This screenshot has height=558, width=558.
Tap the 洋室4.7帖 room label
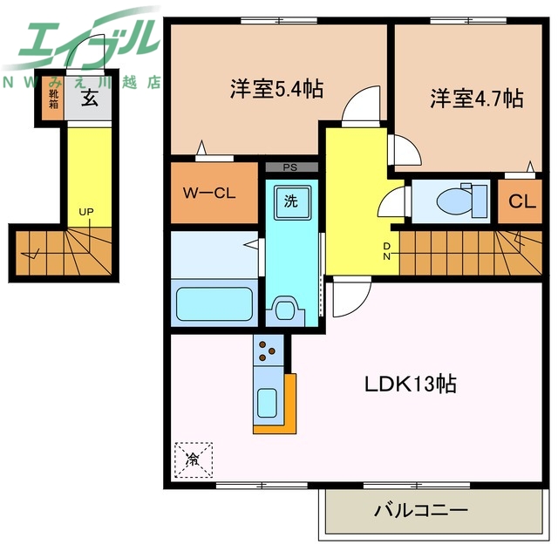tap(475, 98)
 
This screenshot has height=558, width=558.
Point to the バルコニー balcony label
tap(422, 509)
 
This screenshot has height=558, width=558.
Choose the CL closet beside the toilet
tap(521, 202)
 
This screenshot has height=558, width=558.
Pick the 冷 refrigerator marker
tap(192, 459)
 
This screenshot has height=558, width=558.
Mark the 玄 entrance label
tap(90, 99)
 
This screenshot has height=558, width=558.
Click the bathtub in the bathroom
tap(214, 303)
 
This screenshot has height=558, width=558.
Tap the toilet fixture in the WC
tap(453, 200)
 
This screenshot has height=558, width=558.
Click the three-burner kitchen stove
tap(269, 351)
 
